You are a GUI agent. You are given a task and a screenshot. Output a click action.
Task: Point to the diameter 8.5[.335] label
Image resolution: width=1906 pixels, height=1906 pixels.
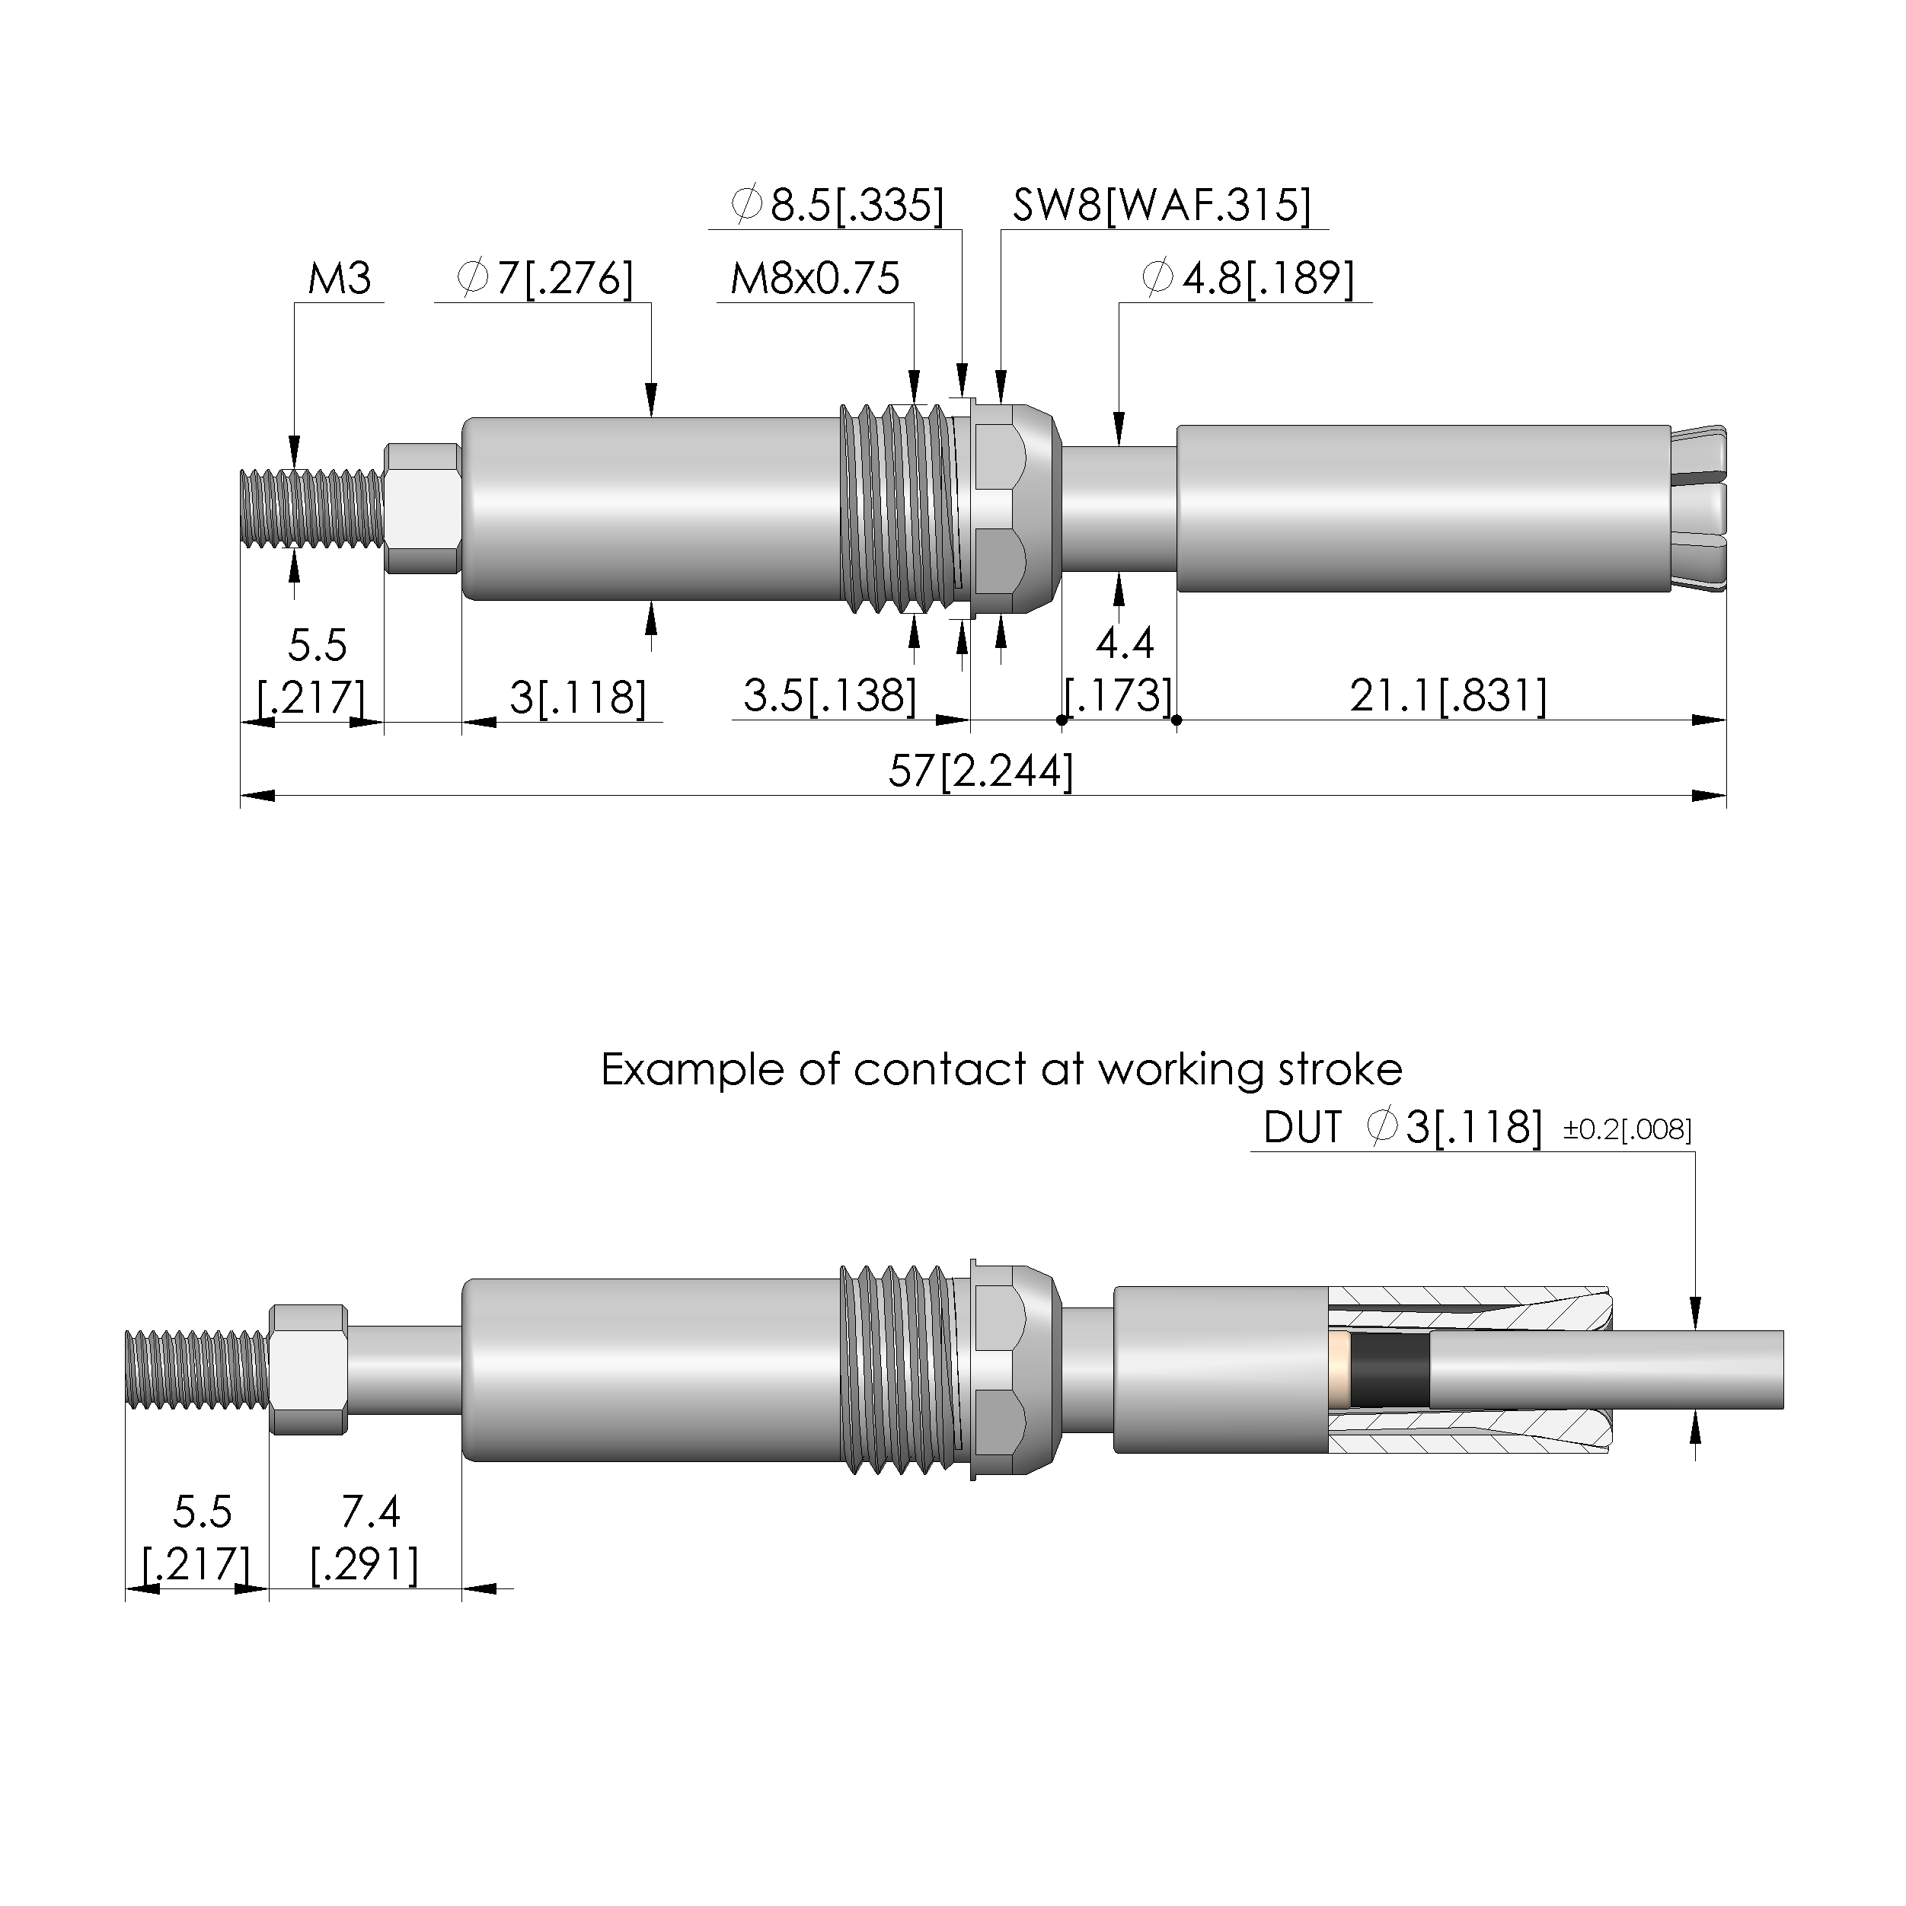click(x=838, y=205)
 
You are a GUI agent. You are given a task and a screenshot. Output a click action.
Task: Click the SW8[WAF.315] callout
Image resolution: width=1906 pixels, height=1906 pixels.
click(x=1162, y=205)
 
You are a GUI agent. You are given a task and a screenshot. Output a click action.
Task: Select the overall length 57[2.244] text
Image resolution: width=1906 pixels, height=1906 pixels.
click(x=981, y=771)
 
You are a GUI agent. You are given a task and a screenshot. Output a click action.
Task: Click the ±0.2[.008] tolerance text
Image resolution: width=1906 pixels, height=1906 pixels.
click(x=1627, y=1129)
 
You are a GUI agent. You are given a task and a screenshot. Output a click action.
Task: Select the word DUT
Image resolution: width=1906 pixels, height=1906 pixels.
click(x=1302, y=1128)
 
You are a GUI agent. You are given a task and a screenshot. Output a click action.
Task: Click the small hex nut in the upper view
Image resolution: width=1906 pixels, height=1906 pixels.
click(x=422, y=508)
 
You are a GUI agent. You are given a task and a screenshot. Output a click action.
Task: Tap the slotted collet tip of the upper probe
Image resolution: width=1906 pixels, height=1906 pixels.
click(x=1699, y=508)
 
